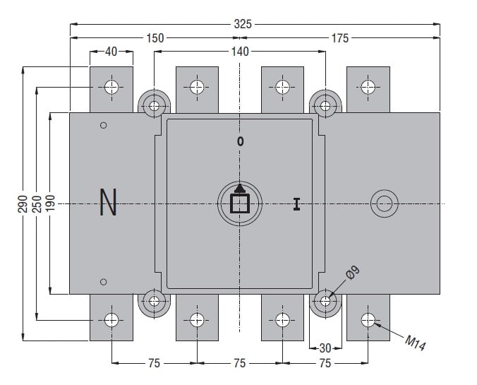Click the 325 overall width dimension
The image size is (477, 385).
point(242,23)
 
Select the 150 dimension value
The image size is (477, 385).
point(155,38)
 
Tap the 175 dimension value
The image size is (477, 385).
point(339,38)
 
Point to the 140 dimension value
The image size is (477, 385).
point(240,51)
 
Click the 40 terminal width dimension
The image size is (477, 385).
point(111,51)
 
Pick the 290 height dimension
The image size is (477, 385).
point(23,203)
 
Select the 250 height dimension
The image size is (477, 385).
point(36,203)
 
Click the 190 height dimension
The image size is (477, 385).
point(49,203)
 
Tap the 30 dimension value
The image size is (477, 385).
point(325,348)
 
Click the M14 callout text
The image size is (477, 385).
point(416,342)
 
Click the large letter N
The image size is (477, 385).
point(108,203)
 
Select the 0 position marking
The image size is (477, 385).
point(241,141)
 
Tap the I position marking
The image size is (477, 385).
point(296,204)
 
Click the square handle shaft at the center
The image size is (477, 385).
point(240,203)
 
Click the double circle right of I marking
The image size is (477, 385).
point(384,204)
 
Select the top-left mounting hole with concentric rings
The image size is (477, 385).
point(154,107)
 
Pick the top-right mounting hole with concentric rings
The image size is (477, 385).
point(325,107)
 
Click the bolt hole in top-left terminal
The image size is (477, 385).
point(111,88)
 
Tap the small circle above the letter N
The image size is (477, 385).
point(104,126)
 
